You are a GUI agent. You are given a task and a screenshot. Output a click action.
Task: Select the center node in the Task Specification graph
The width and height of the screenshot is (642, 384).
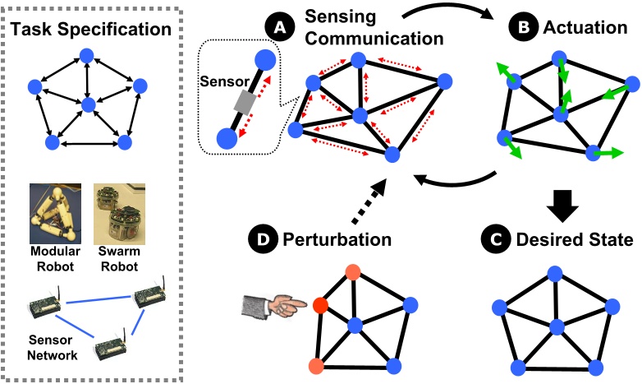[87, 104]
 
